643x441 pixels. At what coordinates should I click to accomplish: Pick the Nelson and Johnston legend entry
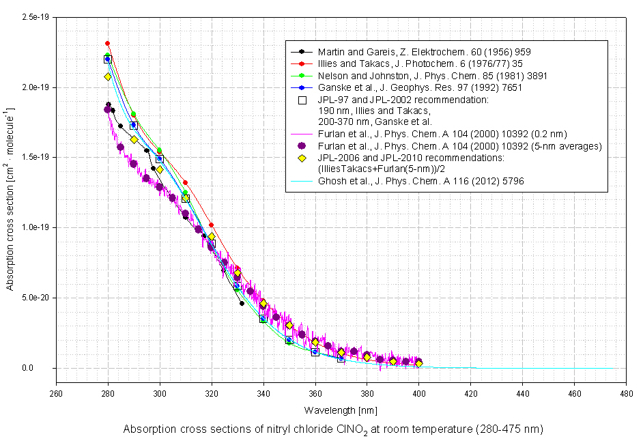pyautogui.click(x=432, y=76)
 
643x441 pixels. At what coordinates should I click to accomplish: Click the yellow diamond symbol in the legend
pyautogui.click(x=302, y=158)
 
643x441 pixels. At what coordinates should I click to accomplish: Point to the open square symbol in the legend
pyautogui.click(x=302, y=100)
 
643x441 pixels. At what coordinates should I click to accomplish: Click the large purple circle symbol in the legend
pyautogui.click(x=302, y=146)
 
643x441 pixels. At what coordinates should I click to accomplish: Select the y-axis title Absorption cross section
pyautogui.click(x=10, y=198)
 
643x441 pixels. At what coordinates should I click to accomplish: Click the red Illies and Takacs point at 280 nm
pyautogui.click(x=108, y=43)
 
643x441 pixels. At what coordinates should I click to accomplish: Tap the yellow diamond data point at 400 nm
pyautogui.click(x=418, y=364)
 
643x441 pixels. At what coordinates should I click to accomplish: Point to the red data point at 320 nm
pyautogui.click(x=212, y=225)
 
